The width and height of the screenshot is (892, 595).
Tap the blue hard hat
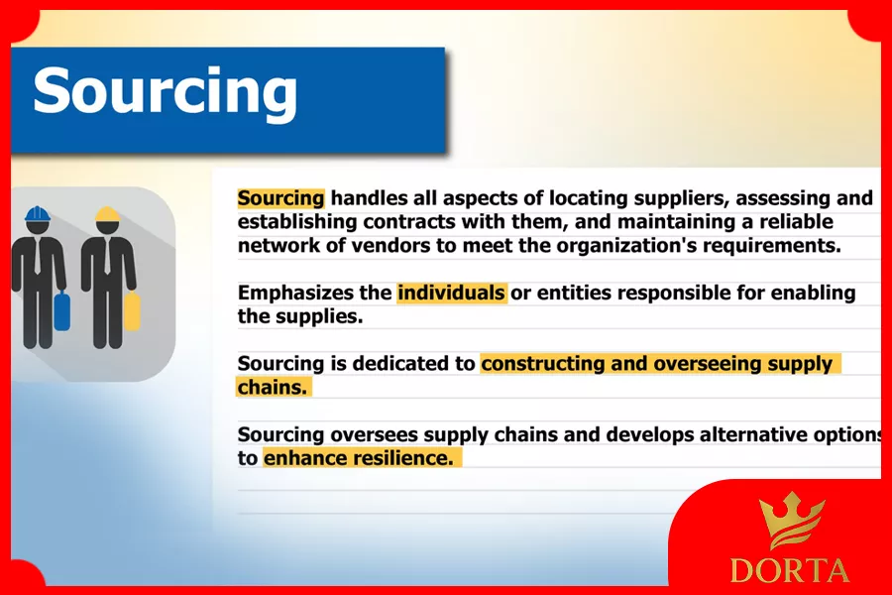click(x=38, y=214)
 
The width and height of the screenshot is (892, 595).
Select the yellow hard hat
click(x=107, y=214)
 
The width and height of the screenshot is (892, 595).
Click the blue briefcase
click(x=62, y=310)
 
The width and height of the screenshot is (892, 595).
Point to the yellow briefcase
click(x=132, y=310)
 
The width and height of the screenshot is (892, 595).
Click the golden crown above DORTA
click(x=793, y=521)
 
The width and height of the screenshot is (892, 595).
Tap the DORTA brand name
click(x=790, y=570)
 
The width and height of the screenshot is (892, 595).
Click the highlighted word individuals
click(x=451, y=293)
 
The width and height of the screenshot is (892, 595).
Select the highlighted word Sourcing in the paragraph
click(x=281, y=198)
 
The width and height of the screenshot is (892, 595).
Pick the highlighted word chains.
click(x=272, y=387)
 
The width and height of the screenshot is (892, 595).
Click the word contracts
click(x=409, y=221)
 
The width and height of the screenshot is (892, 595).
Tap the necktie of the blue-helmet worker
click(x=38, y=256)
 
